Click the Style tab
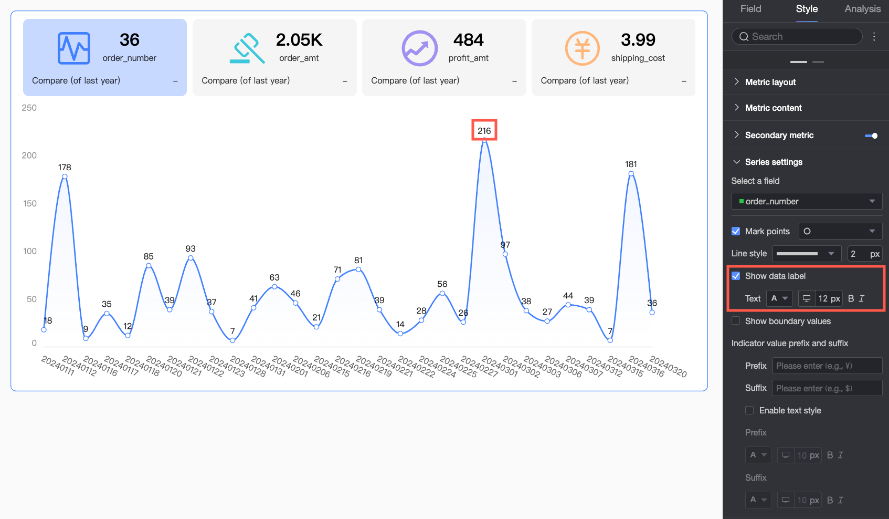click(x=807, y=9)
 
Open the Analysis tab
click(x=862, y=9)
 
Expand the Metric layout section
click(x=770, y=82)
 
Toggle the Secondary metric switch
click(x=871, y=136)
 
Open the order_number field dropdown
click(x=807, y=201)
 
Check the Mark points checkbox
click(x=736, y=231)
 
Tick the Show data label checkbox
click(x=736, y=276)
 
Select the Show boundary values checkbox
click(x=736, y=321)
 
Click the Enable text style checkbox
click(x=749, y=410)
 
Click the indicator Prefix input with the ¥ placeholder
click(x=827, y=366)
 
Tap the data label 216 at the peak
click(x=484, y=131)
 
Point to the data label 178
click(x=65, y=168)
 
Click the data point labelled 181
click(x=631, y=173)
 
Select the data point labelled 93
click(x=190, y=258)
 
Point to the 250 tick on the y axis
click(x=29, y=108)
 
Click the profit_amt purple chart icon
click(x=420, y=48)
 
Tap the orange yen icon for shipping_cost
click(x=583, y=48)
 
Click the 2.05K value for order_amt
click(x=299, y=40)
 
